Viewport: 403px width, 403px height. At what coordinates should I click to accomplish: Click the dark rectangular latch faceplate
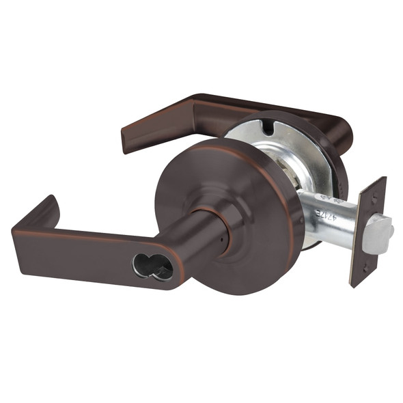369,232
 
